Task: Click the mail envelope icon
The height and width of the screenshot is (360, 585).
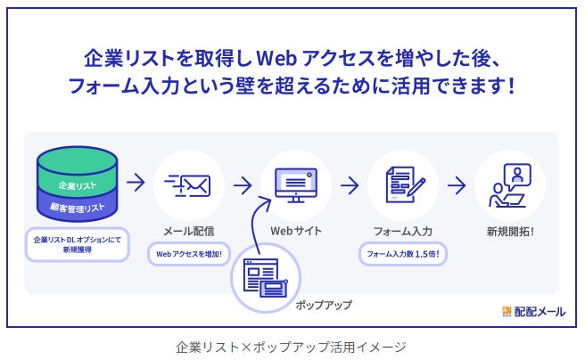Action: coord(188,185)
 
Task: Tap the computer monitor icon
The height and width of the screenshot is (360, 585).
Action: coord(295,184)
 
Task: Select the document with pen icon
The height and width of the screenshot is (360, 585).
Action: coord(402,184)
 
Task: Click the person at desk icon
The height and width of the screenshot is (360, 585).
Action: coord(508,184)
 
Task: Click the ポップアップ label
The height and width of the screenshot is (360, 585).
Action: coord(324,305)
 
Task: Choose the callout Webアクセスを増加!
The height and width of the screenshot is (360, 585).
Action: coord(188,255)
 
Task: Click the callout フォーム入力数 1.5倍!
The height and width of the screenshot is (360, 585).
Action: coord(403,255)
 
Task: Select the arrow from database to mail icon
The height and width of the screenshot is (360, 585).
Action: coord(136,184)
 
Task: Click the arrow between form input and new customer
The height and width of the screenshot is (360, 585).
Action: coord(457,185)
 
